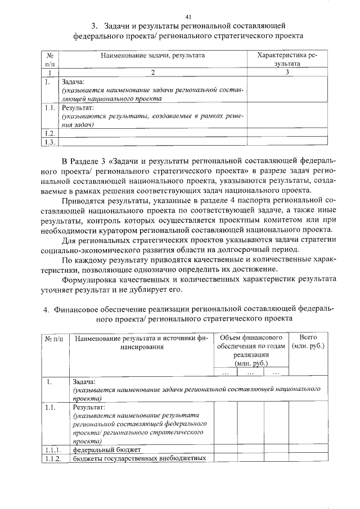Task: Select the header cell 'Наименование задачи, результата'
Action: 152,56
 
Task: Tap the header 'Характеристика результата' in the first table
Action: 286,60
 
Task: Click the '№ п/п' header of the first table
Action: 51,60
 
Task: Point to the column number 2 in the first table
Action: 152,72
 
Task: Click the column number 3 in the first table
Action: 287,72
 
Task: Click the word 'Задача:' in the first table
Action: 73,82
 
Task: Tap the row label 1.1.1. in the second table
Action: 53,450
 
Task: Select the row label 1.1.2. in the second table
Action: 53,458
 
